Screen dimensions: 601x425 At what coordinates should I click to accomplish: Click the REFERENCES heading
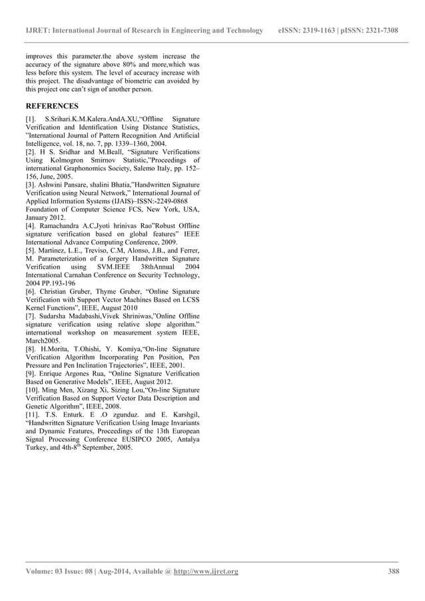tap(51, 106)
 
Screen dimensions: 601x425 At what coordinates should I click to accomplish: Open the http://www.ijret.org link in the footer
tap(206, 571)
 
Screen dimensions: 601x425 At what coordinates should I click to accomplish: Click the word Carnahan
tap(78, 275)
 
